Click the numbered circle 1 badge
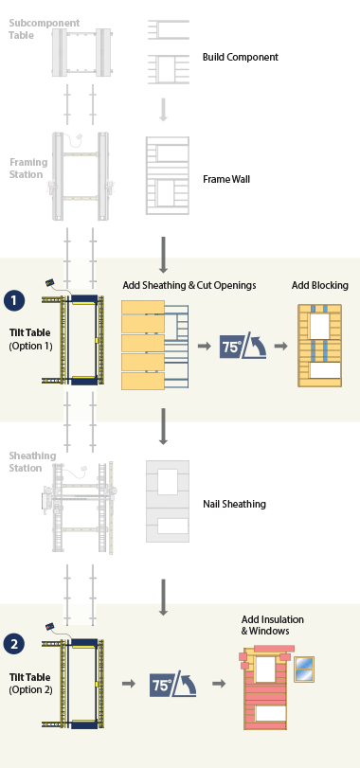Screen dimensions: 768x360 click(14, 300)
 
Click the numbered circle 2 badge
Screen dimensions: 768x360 click(14, 645)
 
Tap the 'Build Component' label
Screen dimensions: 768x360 click(240, 57)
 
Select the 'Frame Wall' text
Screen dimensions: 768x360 click(227, 178)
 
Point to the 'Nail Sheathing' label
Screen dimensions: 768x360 click(233, 504)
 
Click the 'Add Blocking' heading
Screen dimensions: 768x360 click(319, 285)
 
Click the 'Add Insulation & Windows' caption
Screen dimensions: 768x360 click(272, 625)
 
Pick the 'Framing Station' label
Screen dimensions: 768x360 click(28, 168)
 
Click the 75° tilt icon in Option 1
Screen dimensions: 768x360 click(242, 348)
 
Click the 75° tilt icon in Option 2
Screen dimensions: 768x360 click(172, 683)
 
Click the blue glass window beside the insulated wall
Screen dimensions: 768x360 click(304, 669)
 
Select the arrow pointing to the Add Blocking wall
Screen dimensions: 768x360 click(280, 348)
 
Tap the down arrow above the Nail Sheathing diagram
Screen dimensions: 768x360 click(163, 425)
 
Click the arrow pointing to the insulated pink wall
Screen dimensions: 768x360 click(219, 683)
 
